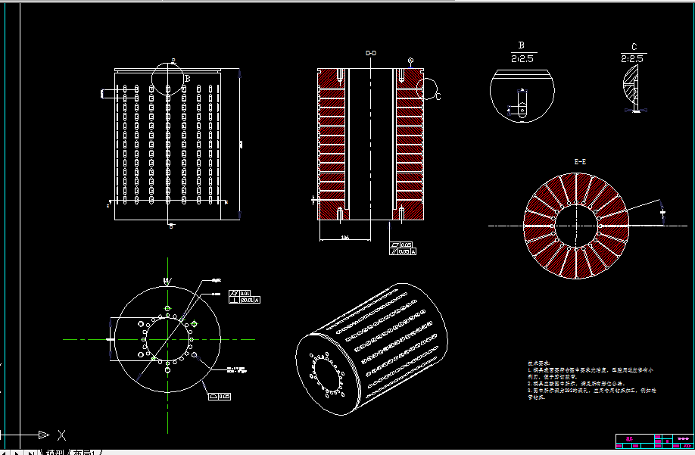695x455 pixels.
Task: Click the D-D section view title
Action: tap(371, 53)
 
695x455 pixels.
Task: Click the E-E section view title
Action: tap(581, 161)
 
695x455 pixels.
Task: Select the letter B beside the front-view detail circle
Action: tap(187, 78)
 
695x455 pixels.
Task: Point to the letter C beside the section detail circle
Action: tap(438, 97)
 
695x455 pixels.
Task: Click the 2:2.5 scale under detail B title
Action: tap(522, 58)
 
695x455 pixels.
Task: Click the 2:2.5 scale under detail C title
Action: tap(632, 58)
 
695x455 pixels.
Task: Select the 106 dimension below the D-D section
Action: tap(344, 238)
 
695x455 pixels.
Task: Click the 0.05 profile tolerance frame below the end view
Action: tap(220, 395)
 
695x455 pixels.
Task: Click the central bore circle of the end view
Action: tap(167, 338)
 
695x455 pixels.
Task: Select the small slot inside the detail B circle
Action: tap(522, 101)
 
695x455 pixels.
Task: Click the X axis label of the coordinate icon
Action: tap(62, 435)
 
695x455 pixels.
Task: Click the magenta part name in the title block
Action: tap(629, 438)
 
